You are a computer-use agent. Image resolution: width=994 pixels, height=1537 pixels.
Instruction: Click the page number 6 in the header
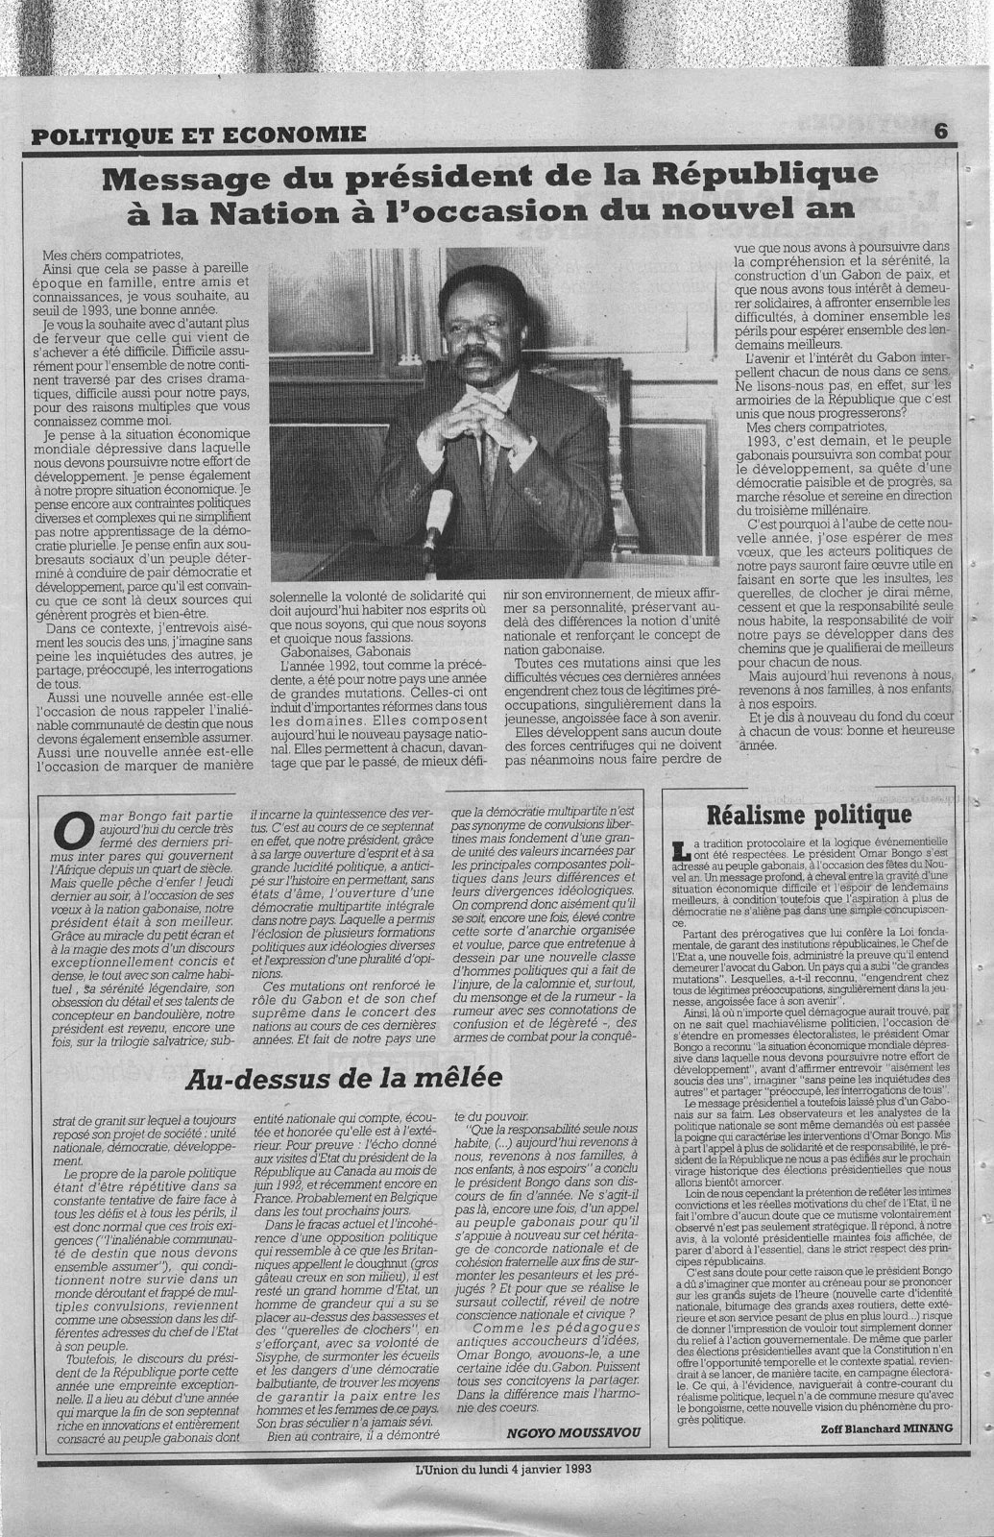click(x=940, y=134)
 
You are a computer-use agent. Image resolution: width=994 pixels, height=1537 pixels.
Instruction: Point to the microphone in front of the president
click(x=436, y=520)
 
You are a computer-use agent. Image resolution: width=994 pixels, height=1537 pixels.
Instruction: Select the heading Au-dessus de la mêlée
click(x=344, y=1076)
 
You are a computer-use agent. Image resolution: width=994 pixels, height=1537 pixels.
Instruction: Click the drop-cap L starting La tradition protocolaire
click(x=681, y=849)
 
